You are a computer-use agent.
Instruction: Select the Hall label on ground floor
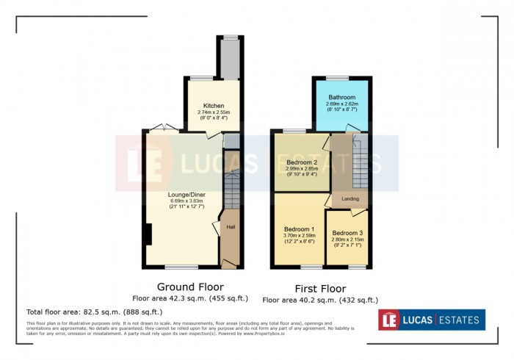point(231,227)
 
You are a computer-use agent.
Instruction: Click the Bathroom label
point(341,97)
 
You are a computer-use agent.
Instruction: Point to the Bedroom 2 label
point(301,162)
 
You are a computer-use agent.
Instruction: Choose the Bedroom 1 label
point(299,228)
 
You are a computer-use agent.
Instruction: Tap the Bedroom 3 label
point(347,233)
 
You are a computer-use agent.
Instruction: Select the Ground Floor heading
point(190,286)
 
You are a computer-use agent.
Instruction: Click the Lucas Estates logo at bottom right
point(432,320)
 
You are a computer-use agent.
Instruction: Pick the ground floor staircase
point(232,191)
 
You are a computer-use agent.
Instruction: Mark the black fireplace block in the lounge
point(148,234)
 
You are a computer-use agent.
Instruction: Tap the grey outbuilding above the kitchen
point(231,58)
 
